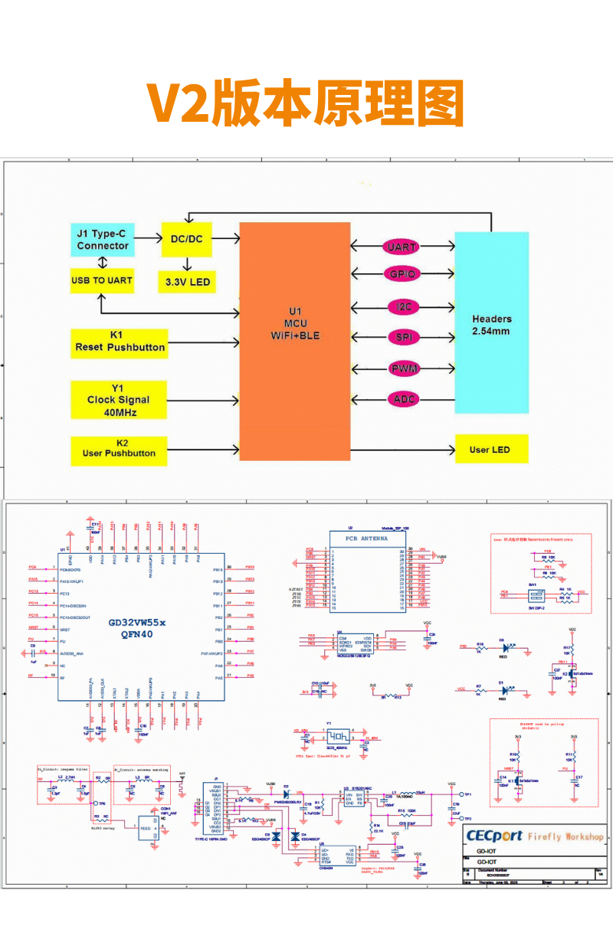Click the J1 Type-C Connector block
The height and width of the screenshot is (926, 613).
point(103,239)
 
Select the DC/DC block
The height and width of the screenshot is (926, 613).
point(186,239)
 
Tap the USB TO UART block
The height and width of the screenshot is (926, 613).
point(102,280)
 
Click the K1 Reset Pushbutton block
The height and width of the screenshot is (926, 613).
point(119,342)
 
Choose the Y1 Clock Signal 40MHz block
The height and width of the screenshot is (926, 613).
point(119,399)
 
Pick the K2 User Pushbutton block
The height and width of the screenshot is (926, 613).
point(119,448)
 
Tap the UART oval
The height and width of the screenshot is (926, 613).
point(402,247)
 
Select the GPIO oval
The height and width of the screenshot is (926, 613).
point(402,274)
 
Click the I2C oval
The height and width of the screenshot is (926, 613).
point(402,306)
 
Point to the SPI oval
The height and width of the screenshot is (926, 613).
point(402,337)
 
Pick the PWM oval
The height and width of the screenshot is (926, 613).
point(402,368)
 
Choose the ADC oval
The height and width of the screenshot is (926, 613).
point(402,399)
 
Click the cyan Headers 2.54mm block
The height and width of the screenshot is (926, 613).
point(491,322)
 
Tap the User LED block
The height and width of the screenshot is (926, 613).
point(491,449)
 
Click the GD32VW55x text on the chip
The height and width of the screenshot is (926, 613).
point(142,623)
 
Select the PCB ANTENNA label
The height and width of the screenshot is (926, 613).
point(368,538)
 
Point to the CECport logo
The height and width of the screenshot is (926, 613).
point(494,836)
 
